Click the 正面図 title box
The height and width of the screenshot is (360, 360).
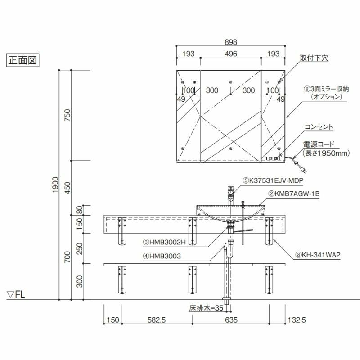pos(23,60)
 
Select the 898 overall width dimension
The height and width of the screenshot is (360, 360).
pos(231,42)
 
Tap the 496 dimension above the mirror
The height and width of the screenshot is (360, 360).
pos(231,54)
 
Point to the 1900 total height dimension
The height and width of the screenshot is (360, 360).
pos(55,184)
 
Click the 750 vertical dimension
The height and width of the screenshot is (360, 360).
pos(67,115)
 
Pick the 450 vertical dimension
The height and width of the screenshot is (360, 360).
pos(67,188)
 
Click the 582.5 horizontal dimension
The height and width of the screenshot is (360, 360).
pos(157,320)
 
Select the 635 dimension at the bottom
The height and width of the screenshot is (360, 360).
pos(231,320)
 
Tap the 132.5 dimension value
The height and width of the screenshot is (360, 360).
pos(297,320)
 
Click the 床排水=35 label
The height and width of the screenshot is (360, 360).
pos(206,308)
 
